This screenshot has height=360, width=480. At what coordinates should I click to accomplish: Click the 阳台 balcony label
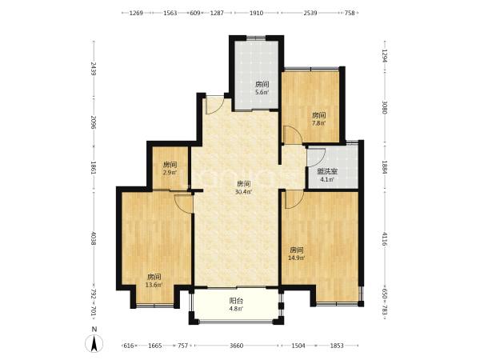pos(236,301)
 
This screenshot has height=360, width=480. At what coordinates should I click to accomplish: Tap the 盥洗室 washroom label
pos(327,172)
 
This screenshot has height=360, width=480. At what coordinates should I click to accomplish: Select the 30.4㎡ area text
pos(243,192)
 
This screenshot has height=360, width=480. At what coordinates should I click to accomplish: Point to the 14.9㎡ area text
pos(296,258)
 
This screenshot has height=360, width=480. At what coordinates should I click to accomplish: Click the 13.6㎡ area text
pos(154,285)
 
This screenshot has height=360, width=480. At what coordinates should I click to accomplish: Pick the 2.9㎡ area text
pos(170,172)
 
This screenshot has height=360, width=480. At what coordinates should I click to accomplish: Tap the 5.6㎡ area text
pos(262,92)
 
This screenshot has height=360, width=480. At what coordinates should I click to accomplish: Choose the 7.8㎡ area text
pos(318,123)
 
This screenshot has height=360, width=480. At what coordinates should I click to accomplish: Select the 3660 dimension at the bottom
pos(236,346)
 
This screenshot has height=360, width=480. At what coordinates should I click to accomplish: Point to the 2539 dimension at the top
pos(310,13)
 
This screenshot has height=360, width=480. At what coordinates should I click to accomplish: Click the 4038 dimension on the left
pos(94,238)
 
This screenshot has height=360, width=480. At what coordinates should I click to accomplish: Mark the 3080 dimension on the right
pos(385,107)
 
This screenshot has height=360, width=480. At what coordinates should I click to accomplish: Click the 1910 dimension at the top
pos(256,13)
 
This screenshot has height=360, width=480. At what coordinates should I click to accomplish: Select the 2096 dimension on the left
pos(94,122)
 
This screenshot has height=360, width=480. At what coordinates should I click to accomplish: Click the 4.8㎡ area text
pos(236,309)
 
